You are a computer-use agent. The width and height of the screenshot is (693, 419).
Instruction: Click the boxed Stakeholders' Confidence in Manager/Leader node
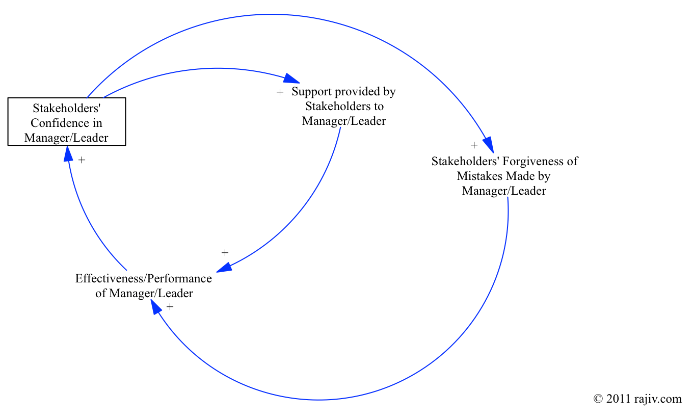(x=67, y=123)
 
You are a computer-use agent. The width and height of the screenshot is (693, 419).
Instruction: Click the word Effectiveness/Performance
(x=143, y=279)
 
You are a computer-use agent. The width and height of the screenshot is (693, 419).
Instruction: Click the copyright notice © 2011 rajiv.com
(x=637, y=399)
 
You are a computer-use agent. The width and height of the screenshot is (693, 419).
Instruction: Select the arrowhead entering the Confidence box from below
(x=68, y=152)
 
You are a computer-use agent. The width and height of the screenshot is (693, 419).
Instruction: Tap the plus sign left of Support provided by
(x=279, y=92)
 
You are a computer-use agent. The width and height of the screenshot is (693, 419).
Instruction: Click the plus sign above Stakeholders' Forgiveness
(x=474, y=144)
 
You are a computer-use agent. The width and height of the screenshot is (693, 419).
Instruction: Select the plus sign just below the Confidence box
(x=82, y=160)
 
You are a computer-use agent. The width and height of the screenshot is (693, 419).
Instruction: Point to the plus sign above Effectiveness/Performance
(x=225, y=252)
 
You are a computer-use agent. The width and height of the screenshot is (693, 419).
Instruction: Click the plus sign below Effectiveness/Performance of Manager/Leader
(x=170, y=306)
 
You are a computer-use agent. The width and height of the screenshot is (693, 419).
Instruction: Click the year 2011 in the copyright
(x=618, y=399)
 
